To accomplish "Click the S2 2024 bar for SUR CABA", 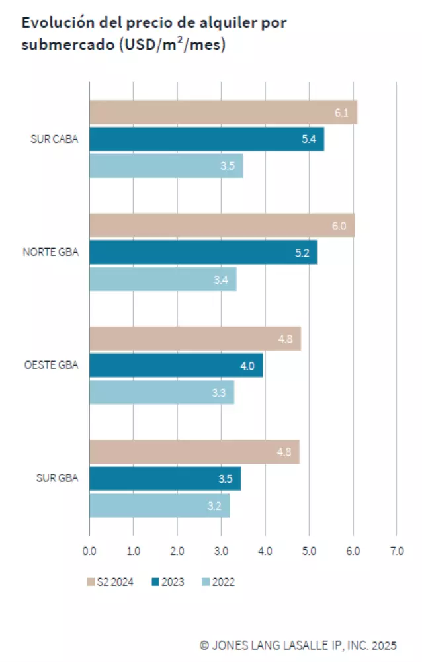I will pyautogui.click(x=223, y=112).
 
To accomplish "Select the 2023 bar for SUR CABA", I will pyautogui.click(x=206, y=140).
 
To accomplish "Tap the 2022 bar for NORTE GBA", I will pyautogui.click(x=163, y=280).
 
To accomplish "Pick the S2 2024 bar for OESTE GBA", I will pyautogui.click(x=195, y=339).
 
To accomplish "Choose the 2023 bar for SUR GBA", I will pyautogui.click(x=165, y=479).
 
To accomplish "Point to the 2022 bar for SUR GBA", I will pyautogui.click(x=159, y=506).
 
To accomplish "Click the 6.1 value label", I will pyautogui.click(x=341, y=113).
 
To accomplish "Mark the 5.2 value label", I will pyautogui.click(x=302, y=253).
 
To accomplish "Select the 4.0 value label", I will pyautogui.click(x=247, y=366).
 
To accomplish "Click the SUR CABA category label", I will pyautogui.click(x=54, y=140).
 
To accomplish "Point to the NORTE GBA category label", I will pyautogui.click(x=50, y=253).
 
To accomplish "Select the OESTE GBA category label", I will pyautogui.click(x=50, y=365).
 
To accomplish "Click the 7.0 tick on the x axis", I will pyautogui.click(x=396, y=550).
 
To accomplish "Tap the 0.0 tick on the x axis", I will pyautogui.click(x=89, y=550).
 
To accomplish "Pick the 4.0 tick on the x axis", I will pyautogui.click(x=265, y=550).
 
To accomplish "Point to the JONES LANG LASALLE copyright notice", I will pyautogui.click(x=298, y=645).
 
